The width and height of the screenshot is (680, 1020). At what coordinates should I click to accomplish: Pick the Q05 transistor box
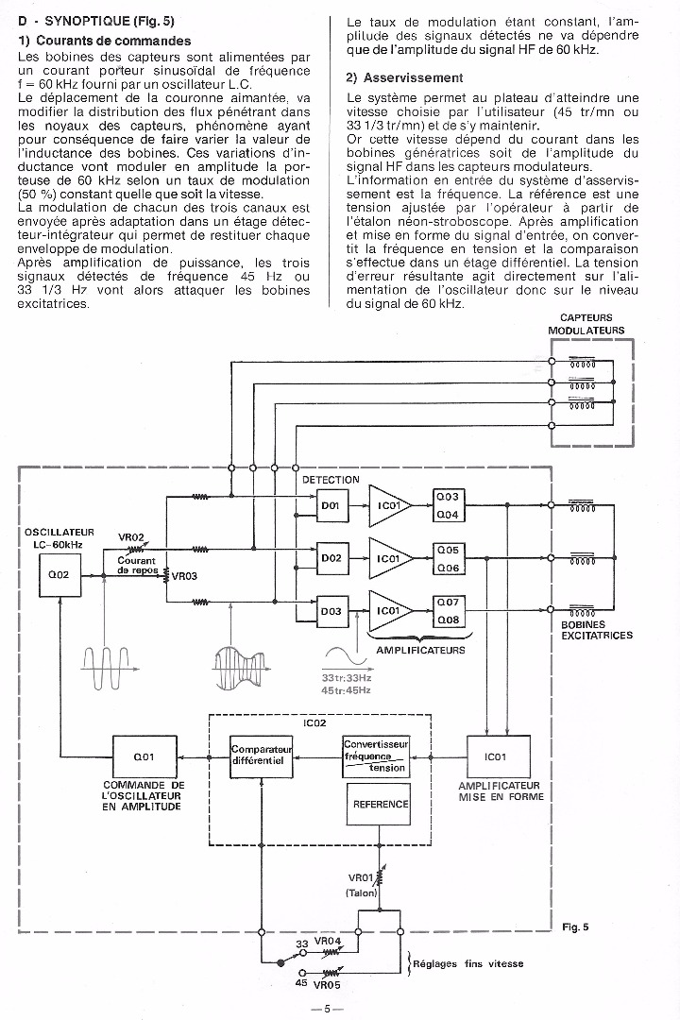click(447, 550)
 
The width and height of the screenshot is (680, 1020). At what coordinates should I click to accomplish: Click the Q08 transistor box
click(447, 620)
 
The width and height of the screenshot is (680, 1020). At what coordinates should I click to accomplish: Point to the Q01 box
click(144, 756)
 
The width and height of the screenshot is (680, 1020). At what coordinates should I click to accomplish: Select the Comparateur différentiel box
click(262, 756)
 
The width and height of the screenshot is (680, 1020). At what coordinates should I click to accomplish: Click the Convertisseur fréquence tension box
click(375, 756)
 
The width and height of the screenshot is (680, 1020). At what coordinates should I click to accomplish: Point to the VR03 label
click(185, 575)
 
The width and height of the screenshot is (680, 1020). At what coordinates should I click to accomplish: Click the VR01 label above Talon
click(361, 877)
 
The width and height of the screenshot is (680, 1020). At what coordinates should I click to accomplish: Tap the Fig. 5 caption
click(575, 926)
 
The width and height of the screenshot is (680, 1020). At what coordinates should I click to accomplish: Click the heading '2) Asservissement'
click(404, 77)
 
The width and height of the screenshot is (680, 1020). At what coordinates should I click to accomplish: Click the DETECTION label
click(331, 480)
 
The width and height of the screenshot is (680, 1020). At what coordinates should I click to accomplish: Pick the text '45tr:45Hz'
click(347, 690)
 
